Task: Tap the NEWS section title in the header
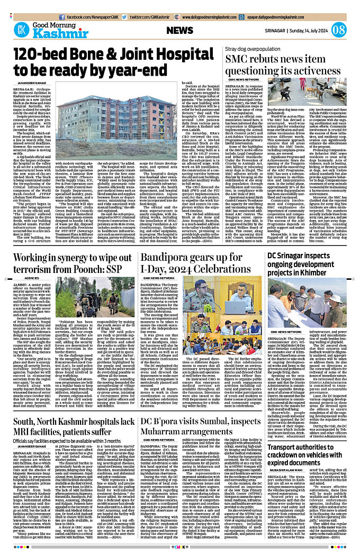(x=179, y=31)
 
